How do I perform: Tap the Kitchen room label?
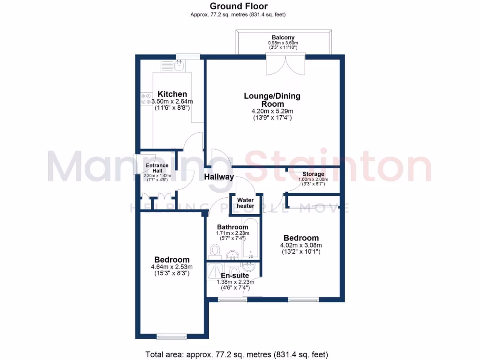point(172,94)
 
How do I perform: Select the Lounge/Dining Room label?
point(272,100)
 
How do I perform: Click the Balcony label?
point(283,37)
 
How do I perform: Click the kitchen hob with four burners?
point(145,98)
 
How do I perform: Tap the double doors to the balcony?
point(285,64)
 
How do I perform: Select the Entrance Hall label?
point(157,168)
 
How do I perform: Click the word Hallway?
point(219,177)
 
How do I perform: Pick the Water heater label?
point(245,203)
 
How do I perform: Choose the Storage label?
point(314,174)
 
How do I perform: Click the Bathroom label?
point(232,227)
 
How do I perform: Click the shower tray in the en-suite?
point(213,272)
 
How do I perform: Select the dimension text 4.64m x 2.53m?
point(172,267)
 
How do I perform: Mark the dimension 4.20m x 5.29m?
point(272,111)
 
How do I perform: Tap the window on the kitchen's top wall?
point(187,57)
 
